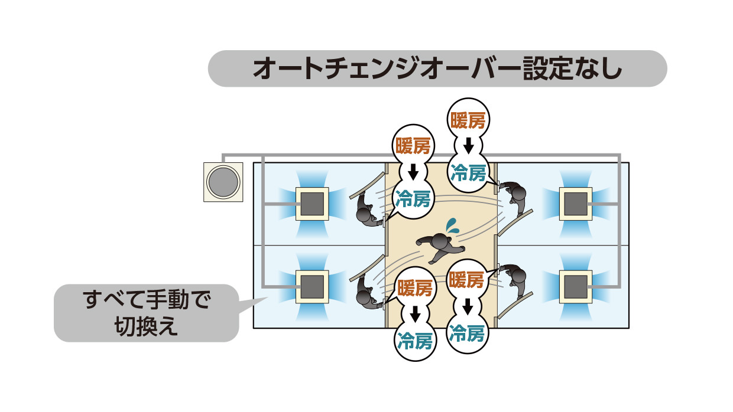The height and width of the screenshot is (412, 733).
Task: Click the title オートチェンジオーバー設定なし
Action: coord(437,68)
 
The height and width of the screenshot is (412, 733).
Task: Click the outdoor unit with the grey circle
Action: coord(223,181)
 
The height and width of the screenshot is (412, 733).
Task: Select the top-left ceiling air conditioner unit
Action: coord(312,204)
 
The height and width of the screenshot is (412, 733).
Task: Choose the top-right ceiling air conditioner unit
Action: coord(575,204)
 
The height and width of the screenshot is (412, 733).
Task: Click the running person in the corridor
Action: coord(438,246)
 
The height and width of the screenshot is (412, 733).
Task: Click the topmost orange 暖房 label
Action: coord(468,121)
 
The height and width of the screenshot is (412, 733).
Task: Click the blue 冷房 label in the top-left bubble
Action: coord(414,198)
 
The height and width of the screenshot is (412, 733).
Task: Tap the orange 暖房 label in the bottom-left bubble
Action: coord(414,289)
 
